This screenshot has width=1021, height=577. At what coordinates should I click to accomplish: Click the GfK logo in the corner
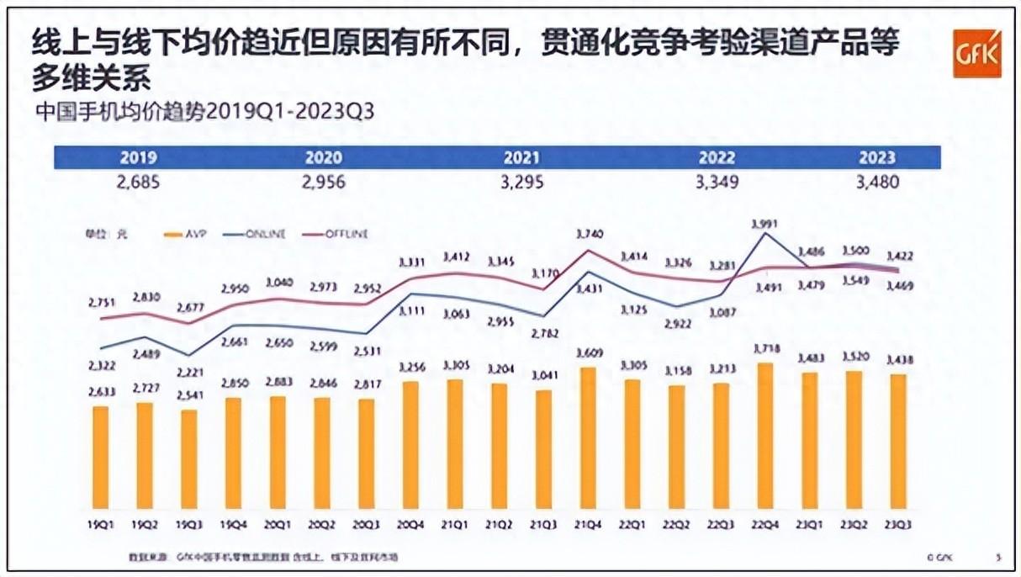[x=976, y=53]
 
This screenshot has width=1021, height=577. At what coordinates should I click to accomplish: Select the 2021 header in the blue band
[x=521, y=157]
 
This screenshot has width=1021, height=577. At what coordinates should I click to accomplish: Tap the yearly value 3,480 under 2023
[x=876, y=182]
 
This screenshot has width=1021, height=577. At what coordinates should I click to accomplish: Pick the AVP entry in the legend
[x=188, y=234]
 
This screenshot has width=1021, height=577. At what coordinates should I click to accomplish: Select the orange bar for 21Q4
[x=588, y=437]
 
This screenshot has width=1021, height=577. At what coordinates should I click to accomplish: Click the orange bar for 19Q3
[x=188, y=458]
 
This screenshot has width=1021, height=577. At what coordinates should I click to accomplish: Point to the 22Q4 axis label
[x=765, y=523]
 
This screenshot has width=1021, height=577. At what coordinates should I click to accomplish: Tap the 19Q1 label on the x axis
[x=100, y=523]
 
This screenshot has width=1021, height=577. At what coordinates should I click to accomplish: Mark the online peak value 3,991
[x=765, y=223]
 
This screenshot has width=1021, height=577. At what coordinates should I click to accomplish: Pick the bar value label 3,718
[x=765, y=347]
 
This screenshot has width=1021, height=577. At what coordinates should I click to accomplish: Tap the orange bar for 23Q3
[x=898, y=442]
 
